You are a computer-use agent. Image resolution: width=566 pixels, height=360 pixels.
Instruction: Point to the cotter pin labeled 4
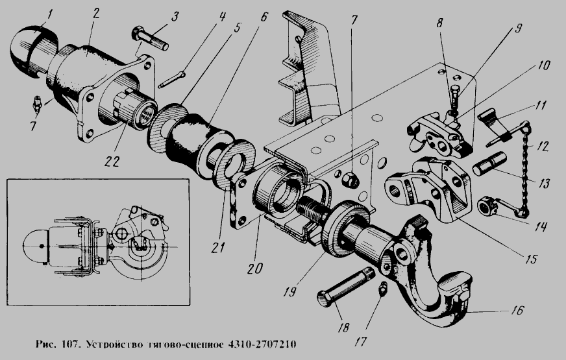pyautogui.click(x=172, y=80)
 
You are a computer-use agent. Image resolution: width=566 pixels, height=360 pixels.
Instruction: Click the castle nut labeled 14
pyautogui.click(x=487, y=206)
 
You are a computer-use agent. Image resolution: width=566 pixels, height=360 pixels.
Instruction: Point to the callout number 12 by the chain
pyautogui.click(x=543, y=146)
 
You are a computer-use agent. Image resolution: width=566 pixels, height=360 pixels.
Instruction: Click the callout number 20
pyautogui.click(x=255, y=269)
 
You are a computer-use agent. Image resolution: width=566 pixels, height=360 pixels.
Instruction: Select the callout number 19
pyautogui.click(x=289, y=291)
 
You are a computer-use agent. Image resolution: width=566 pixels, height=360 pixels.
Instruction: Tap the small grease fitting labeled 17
pyautogui.click(x=383, y=289)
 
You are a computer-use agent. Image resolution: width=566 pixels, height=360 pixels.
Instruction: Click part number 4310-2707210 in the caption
pyautogui.click(x=262, y=344)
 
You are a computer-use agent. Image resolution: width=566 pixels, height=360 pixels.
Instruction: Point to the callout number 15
pyautogui.click(x=532, y=259)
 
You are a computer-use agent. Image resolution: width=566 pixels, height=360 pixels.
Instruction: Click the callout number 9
pyautogui.click(x=518, y=29)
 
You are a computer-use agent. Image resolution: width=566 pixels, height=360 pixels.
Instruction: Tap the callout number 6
pyautogui.click(x=264, y=17)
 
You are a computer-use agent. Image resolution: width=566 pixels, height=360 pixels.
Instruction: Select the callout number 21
pyautogui.click(x=218, y=247)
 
